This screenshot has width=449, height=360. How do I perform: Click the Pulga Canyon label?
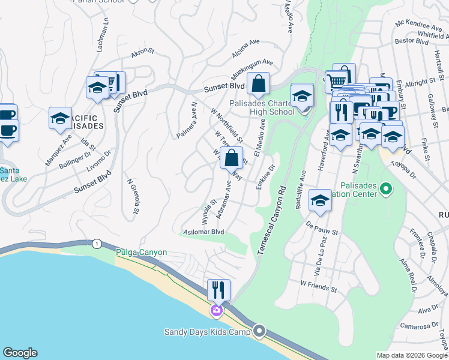click(141, 252)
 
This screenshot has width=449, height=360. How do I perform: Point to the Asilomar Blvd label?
click(203, 232)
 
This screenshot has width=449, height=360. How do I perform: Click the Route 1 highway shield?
click(96, 243)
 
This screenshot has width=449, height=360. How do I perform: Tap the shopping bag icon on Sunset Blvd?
click(258, 85)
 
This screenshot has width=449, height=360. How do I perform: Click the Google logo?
click(20, 353)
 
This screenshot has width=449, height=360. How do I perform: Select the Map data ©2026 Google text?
click(411, 355)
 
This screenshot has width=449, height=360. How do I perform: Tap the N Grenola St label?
click(133, 196)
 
